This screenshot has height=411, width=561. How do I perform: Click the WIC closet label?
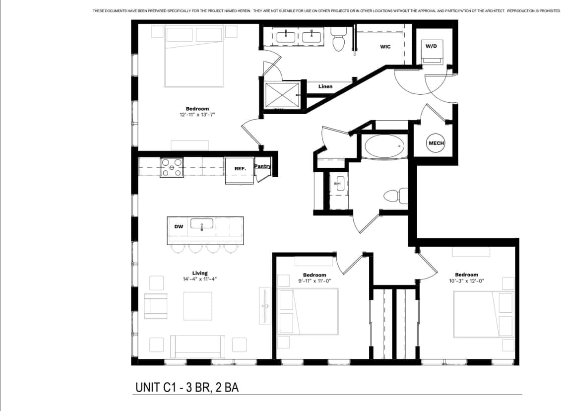(385, 47)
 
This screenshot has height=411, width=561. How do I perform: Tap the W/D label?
(432, 46)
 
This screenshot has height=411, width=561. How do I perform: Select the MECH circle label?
(436, 143)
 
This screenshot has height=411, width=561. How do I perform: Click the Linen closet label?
(325, 86)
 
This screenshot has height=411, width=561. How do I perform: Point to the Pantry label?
(262, 166)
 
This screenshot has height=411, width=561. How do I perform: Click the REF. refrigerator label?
(240, 169)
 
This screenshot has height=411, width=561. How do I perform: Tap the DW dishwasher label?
(179, 227)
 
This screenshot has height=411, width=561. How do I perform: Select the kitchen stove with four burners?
(172, 166)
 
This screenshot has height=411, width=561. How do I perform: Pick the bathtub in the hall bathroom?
(385, 147)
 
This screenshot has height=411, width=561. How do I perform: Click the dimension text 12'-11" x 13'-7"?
(197, 115)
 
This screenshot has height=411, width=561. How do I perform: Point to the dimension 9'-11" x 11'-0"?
(314, 281)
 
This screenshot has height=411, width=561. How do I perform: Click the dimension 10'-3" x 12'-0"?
(466, 280)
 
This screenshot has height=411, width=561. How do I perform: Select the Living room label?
(200, 273)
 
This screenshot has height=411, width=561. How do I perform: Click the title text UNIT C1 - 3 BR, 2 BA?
(187, 387)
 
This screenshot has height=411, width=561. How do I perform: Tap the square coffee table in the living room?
(197, 306)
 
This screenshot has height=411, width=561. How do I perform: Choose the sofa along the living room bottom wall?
(197, 345)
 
